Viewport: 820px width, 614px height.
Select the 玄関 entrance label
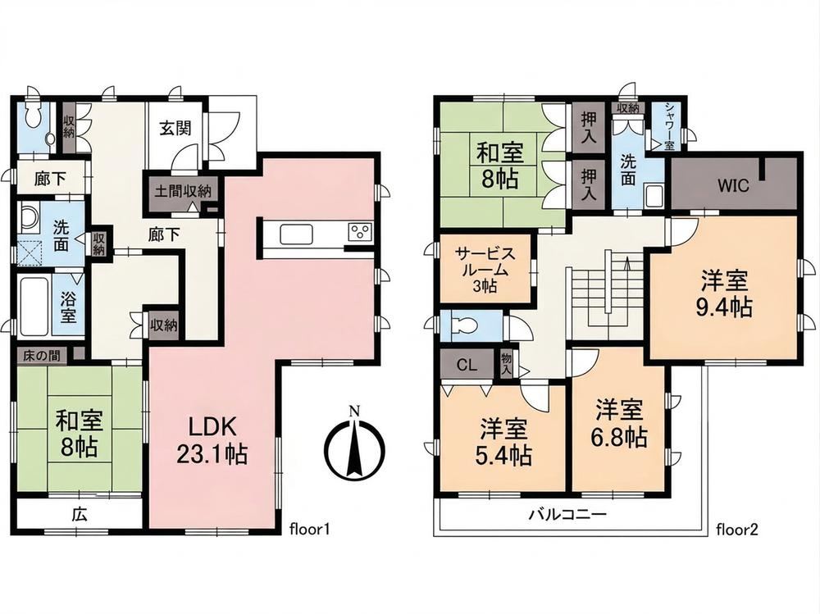pyautogui.click(x=175, y=128)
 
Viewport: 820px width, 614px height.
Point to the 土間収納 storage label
pyautogui.click(x=183, y=191)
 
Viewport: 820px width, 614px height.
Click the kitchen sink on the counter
pyautogui.click(x=296, y=234)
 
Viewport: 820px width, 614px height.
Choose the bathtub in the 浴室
pyautogui.click(x=35, y=306)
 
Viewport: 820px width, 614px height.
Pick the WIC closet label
pyautogui.click(x=732, y=185)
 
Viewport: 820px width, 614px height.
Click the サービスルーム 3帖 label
pyautogui.click(x=485, y=270)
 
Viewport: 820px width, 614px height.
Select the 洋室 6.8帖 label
pyautogui.click(x=619, y=423)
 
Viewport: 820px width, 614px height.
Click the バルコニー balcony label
pyautogui.click(x=567, y=514)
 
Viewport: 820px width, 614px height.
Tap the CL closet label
pyautogui.click(x=467, y=365)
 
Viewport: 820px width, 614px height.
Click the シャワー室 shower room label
pyautogui.click(x=670, y=126)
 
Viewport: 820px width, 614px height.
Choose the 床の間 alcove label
pyautogui.click(x=41, y=357)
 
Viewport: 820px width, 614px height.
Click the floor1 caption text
pyautogui.click(x=309, y=530)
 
